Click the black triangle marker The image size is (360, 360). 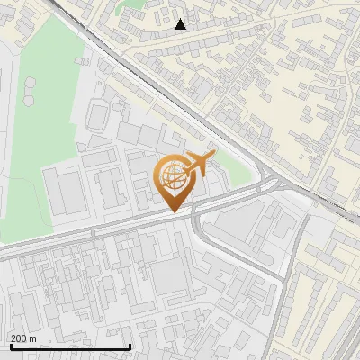pyautogui.click(x=181, y=24)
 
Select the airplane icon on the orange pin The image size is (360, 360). pyautogui.click(x=198, y=165)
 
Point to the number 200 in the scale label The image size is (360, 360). pyautogui.click(x=19, y=338)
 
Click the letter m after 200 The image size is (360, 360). pyautogui.click(x=33, y=338)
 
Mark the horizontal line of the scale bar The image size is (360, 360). pyautogui.click(x=70, y=346)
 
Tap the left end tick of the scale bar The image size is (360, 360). pyautogui.click(x=10, y=345)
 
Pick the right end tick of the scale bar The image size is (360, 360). pyautogui.click(x=130, y=345)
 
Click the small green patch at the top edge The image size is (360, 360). pyautogui.click(x=135, y=4)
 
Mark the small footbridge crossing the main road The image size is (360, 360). pyautogui.click(x=94, y=232)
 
